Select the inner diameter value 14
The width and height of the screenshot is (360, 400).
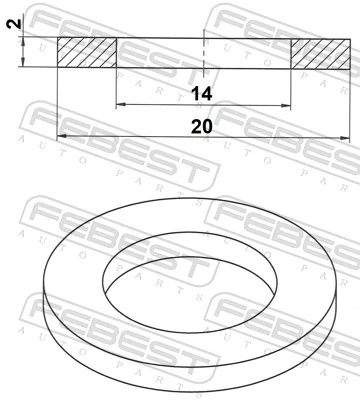coord(203,94)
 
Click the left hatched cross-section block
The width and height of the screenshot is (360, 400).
coord(87,53)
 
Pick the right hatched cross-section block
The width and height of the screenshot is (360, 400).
coord(319,53)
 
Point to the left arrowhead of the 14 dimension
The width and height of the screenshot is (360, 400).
coord(121,106)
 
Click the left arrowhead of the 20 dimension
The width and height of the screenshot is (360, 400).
coord(62,136)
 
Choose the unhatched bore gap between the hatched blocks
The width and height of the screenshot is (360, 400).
coord(160,53)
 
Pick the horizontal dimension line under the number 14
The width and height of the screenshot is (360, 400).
coord(160,106)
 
